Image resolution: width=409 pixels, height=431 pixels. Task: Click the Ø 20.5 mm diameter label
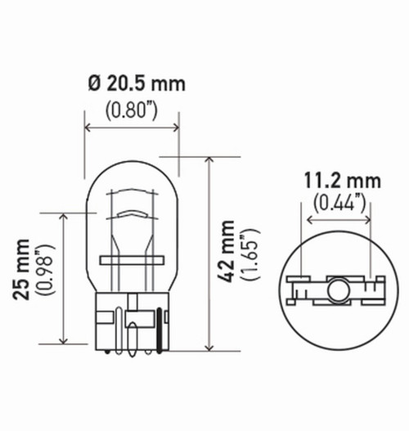point(136,83)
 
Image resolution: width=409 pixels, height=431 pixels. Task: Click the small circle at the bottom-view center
point(337,289)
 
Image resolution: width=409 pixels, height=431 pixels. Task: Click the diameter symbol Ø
point(93,83)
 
